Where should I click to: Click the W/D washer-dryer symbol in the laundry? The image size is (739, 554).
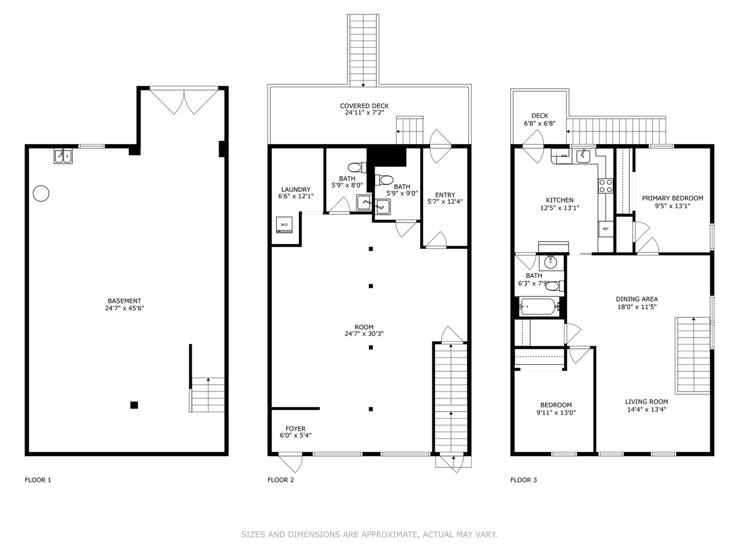(x=284, y=225)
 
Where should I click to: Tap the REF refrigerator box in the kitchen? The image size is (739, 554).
(x=606, y=229)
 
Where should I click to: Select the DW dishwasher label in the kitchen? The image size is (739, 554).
(x=564, y=155)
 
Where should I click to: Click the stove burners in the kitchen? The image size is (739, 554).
(x=606, y=186)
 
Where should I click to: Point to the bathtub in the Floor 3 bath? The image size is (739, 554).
(x=537, y=307)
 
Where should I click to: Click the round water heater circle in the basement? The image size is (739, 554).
(x=41, y=193)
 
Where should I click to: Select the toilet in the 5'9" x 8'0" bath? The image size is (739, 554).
(x=355, y=167)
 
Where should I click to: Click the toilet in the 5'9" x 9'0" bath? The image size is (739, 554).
(x=385, y=180)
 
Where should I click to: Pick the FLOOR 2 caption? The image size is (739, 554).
(x=281, y=480)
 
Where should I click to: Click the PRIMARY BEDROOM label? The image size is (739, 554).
(x=672, y=198)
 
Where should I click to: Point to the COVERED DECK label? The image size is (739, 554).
(x=364, y=106)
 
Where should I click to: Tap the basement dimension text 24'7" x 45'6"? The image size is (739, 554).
(x=124, y=308)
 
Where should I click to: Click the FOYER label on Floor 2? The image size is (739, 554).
(x=295, y=429)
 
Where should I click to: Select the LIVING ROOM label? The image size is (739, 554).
(x=646, y=402)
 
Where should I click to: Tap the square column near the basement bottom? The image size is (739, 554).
(x=134, y=405)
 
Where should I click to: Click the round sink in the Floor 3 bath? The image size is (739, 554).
(x=551, y=262)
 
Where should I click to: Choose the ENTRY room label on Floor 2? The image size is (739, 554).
(x=445, y=195)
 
